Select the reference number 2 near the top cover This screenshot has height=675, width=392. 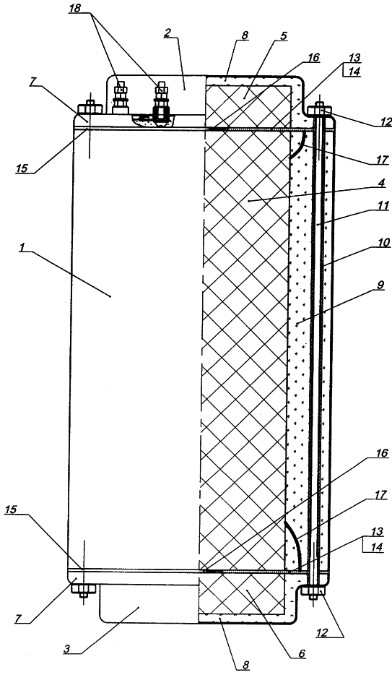click(168, 33)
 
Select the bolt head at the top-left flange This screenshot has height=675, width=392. click(90, 106)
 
